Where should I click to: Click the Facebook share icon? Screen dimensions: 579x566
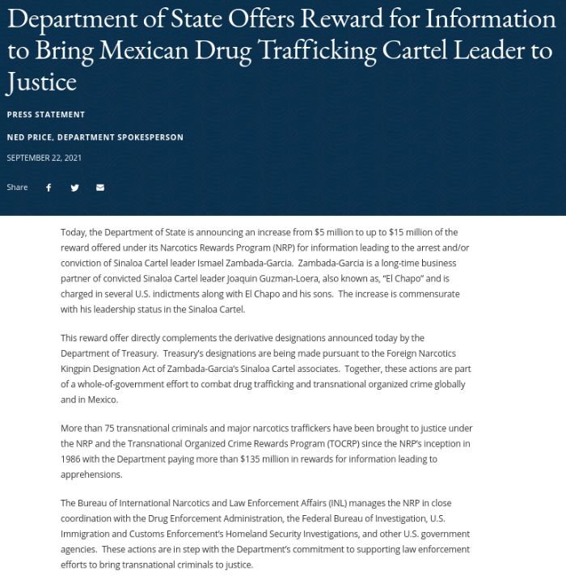(x=49, y=188)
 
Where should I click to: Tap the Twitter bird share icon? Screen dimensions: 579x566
(x=74, y=188)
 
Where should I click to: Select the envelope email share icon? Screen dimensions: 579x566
(x=100, y=188)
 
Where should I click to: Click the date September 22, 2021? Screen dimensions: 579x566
(x=44, y=158)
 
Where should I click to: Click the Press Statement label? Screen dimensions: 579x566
(x=45, y=115)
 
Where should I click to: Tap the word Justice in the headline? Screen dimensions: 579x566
(x=41, y=82)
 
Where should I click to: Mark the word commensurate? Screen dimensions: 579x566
(x=430, y=294)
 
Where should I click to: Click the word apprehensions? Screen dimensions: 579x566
(x=91, y=475)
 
